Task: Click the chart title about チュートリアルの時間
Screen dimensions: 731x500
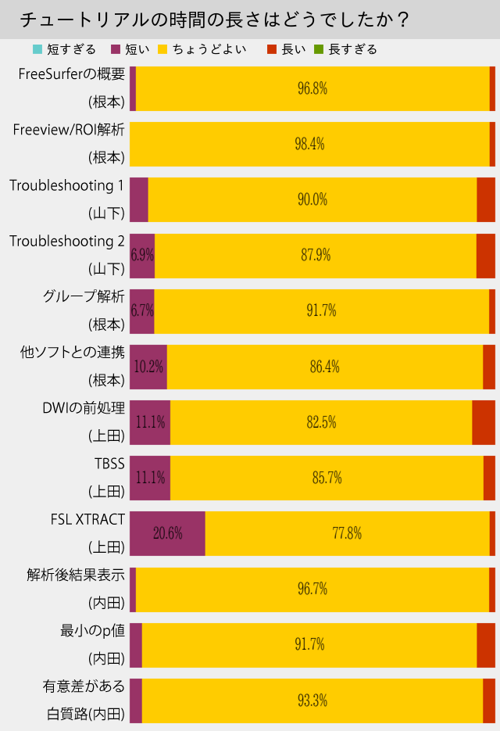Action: (x=214, y=19)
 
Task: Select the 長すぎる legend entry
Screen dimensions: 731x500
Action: (x=352, y=49)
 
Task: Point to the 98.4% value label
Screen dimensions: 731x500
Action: (x=310, y=144)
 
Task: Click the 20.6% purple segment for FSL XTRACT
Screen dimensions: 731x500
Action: (x=167, y=533)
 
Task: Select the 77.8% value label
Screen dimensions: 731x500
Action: (x=347, y=533)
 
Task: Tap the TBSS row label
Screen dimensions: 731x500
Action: (x=109, y=464)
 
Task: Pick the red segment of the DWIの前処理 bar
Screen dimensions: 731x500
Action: (x=483, y=422)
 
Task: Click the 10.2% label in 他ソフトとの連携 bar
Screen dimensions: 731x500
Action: (x=148, y=367)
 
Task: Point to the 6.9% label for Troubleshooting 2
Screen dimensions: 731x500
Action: (x=142, y=255)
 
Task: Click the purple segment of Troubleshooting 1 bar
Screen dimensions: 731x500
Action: (x=139, y=199)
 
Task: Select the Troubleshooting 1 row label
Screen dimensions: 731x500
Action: (x=67, y=186)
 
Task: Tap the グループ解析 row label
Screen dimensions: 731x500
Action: (x=83, y=297)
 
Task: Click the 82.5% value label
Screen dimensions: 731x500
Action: (x=321, y=422)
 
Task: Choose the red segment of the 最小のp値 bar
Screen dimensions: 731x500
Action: (x=485, y=644)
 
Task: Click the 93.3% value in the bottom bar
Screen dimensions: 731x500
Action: (x=312, y=701)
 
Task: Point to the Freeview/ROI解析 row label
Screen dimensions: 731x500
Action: (x=69, y=130)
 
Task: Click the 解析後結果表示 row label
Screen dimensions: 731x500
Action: (x=75, y=575)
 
